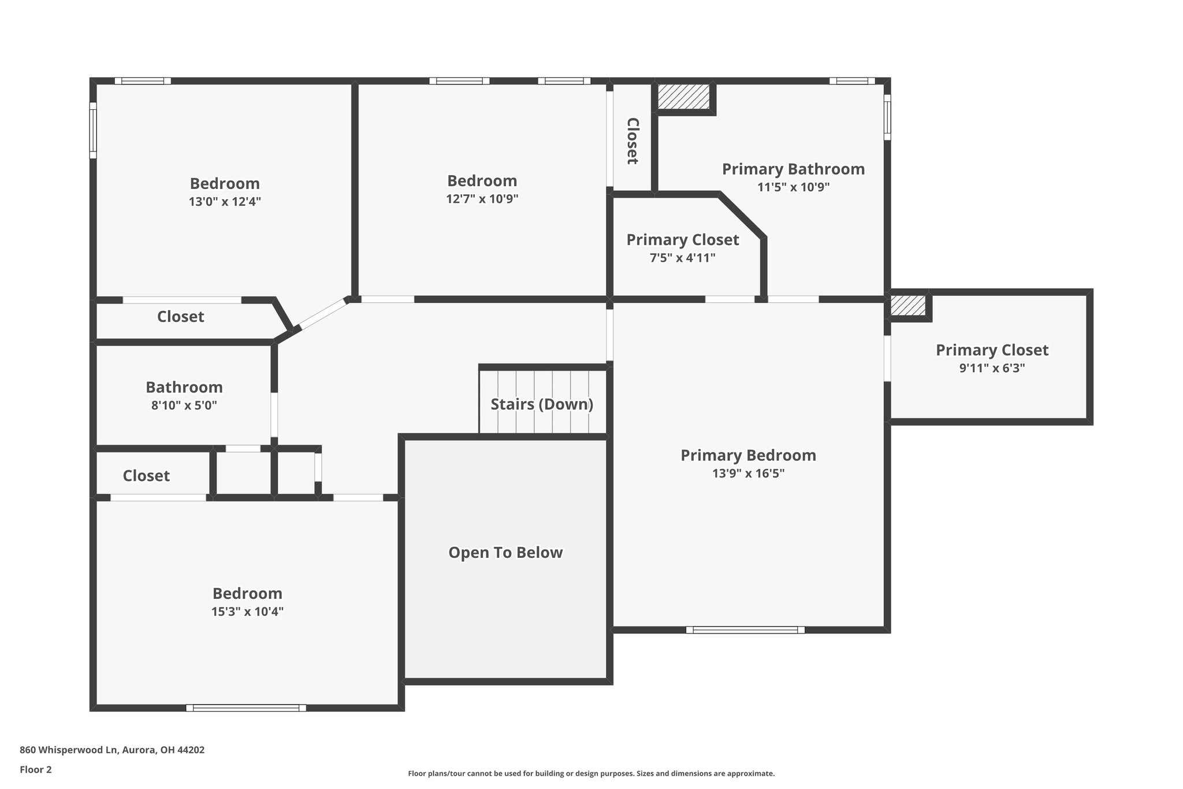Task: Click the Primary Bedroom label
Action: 748,455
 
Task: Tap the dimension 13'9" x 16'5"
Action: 748,474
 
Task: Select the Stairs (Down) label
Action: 542,404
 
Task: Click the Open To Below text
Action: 505,553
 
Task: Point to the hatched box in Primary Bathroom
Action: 684,97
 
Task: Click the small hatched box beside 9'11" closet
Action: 907,306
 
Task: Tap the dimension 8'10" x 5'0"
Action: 184,406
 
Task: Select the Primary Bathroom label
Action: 793,169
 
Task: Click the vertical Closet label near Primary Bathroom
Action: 633,141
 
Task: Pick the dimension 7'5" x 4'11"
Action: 682,258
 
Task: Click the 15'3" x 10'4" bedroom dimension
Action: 247,612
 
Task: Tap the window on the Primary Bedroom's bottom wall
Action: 745,630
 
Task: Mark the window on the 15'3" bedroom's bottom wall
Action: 246,707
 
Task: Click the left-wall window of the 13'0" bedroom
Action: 93,130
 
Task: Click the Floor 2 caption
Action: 35,769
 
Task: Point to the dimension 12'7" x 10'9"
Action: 482,199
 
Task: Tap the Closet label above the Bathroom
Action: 180,317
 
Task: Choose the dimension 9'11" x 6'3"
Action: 992,368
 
